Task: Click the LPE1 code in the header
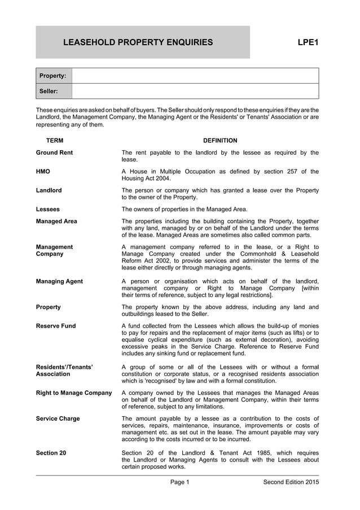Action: click(x=308, y=42)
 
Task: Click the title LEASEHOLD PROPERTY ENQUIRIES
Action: click(x=138, y=42)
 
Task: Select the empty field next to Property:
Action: click(x=195, y=76)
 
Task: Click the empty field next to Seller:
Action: click(x=195, y=91)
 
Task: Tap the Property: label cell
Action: click(x=54, y=76)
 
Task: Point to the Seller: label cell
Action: click(x=54, y=91)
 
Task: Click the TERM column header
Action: click(x=55, y=141)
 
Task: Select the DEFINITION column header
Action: click(x=220, y=141)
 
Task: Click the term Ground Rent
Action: click(x=54, y=152)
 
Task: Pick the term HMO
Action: click(x=43, y=172)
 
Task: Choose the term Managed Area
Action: click(x=56, y=221)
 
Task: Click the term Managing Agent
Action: click(x=59, y=281)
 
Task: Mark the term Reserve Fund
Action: click(x=56, y=326)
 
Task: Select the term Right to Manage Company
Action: click(x=74, y=393)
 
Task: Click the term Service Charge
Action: click(x=58, y=419)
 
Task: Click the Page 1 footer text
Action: click(x=180, y=482)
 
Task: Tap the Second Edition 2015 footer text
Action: click(x=291, y=482)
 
